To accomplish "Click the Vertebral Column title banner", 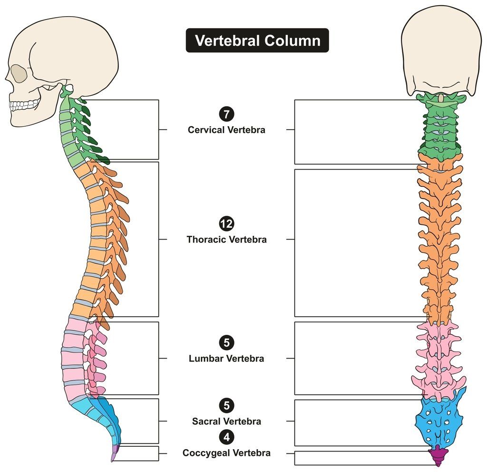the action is click(x=257, y=40).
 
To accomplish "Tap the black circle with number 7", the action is click(x=226, y=114).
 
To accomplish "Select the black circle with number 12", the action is click(x=226, y=224).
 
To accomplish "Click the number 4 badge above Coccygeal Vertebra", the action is click(x=226, y=437).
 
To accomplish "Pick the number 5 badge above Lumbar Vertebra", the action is click(x=226, y=342).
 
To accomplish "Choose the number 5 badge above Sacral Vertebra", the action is click(x=226, y=405).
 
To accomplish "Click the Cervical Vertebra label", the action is click(x=226, y=130).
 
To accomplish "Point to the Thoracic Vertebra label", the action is click(x=226, y=240).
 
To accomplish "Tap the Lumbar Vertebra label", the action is click(x=226, y=359).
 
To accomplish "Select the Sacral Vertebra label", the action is click(x=226, y=422).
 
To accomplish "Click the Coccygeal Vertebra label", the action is click(x=226, y=453).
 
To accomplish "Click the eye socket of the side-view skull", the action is click(x=19, y=74).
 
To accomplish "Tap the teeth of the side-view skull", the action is click(x=24, y=104).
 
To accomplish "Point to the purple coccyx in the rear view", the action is click(x=438, y=455).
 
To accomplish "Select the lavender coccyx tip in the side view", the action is click(x=115, y=452).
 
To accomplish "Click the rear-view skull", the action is click(x=441, y=53).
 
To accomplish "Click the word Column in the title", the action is click(x=292, y=40).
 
